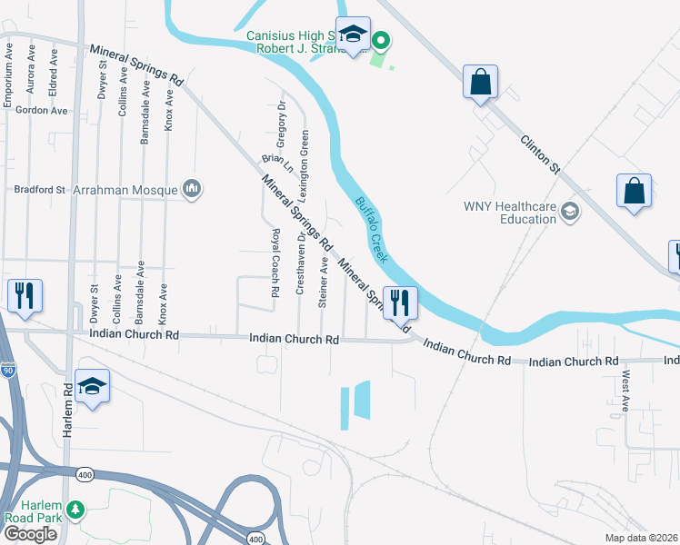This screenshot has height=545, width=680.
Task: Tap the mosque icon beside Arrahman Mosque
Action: coord(191,189)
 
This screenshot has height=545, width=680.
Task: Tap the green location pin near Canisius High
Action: coord(382,41)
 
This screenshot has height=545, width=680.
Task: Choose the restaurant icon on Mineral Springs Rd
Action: coord(400,302)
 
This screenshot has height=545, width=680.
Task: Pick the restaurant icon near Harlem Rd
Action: coord(24,295)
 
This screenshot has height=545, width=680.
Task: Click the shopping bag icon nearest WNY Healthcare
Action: coord(635,191)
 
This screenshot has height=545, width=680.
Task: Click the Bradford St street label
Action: coord(40,191)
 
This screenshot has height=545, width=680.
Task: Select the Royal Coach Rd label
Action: coord(275,263)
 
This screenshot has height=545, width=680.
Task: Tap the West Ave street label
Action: coord(625,391)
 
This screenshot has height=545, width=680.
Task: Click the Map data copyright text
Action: coord(642,538)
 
